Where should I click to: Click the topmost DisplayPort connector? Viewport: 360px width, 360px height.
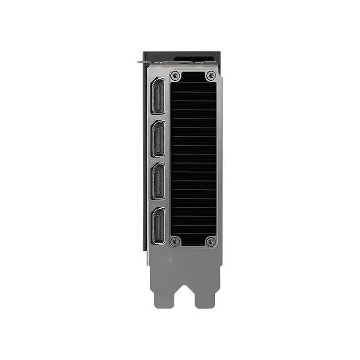[158, 97]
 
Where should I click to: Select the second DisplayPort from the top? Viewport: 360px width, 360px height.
[158, 139]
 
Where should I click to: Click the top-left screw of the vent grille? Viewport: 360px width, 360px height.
[176, 75]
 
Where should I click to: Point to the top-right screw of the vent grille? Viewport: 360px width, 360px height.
[210, 75]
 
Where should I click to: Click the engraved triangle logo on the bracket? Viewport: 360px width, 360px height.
[165, 260]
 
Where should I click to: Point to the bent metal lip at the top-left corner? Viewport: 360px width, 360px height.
[141, 62]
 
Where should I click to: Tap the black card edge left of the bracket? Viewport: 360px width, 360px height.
[145, 154]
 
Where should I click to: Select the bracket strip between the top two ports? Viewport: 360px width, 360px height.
[158, 118]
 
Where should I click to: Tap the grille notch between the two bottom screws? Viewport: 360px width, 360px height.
[193, 243]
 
